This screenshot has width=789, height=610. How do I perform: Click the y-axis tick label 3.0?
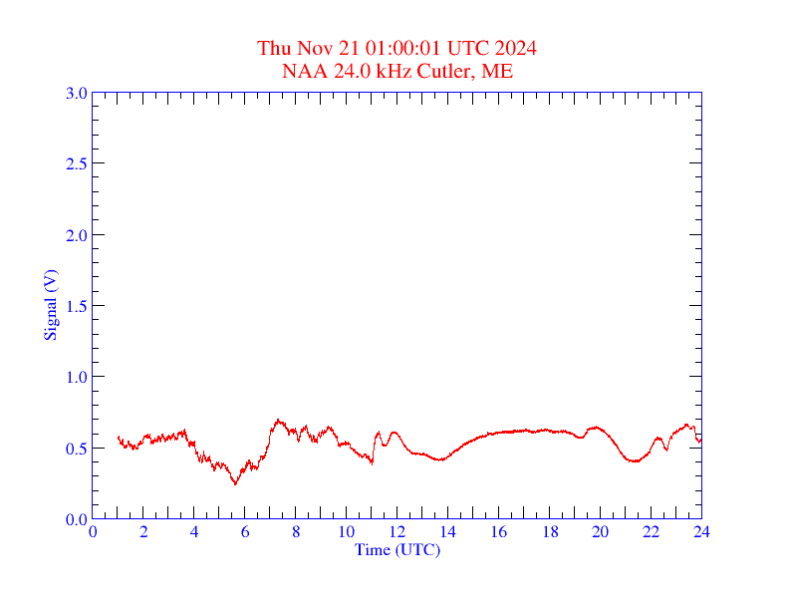click(x=76, y=93)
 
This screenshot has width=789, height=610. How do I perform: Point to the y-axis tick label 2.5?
click(x=76, y=163)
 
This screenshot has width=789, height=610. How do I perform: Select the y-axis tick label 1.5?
click(x=76, y=306)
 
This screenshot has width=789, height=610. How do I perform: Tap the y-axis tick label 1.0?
click(x=76, y=377)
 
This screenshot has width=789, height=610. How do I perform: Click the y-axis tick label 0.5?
click(x=76, y=448)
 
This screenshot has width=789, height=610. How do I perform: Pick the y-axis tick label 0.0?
click(x=76, y=519)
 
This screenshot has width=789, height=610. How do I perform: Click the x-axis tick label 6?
click(x=245, y=531)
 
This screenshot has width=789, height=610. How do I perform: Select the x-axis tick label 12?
click(x=397, y=531)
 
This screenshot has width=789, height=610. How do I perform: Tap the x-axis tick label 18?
click(x=550, y=531)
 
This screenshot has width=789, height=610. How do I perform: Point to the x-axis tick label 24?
click(x=701, y=531)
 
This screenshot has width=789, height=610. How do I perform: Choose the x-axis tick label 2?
click(x=143, y=531)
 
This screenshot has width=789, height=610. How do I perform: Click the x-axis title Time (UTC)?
click(x=397, y=548)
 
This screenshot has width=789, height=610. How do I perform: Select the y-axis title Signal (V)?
click(x=50, y=304)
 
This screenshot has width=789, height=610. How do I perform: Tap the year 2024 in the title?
click(x=517, y=48)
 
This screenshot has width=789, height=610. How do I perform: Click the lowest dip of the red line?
click(x=235, y=484)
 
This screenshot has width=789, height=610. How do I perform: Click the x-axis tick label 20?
click(x=601, y=531)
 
